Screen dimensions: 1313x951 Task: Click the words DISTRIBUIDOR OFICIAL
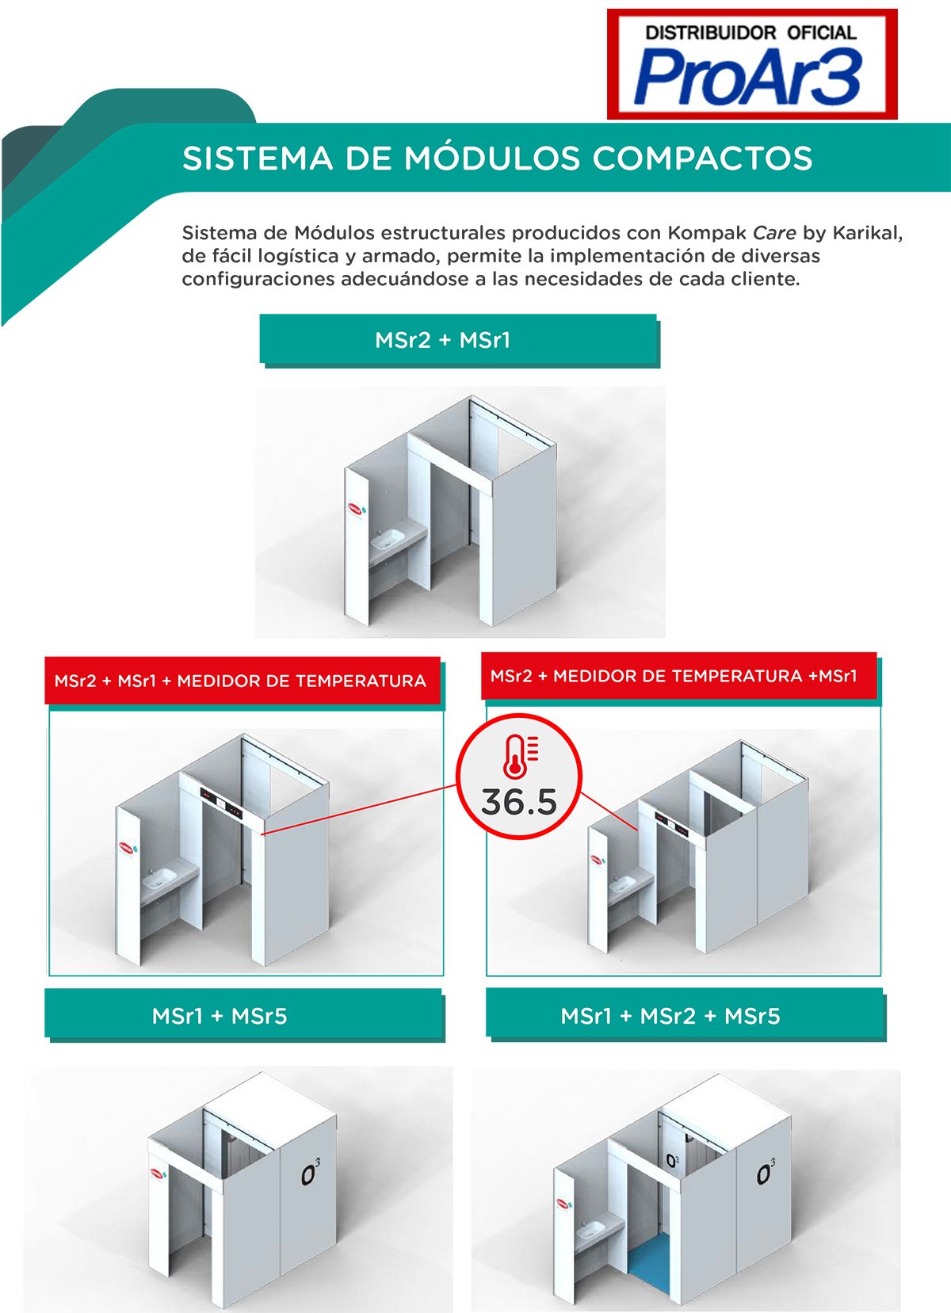tap(750, 32)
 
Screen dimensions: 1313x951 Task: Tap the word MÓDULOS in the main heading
tap(494, 158)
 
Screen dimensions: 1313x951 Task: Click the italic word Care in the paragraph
tap(774, 233)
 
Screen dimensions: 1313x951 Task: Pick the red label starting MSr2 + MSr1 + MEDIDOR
tap(241, 681)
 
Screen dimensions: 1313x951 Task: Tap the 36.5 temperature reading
tap(519, 802)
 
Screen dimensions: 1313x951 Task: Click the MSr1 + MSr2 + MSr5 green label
tap(683, 1015)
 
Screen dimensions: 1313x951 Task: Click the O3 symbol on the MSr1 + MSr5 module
tap(311, 1173)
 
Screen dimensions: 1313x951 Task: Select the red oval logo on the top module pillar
tap(356, 507)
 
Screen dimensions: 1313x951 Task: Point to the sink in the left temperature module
tap(161, 876)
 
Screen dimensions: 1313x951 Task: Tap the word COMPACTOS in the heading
tap(702, 158)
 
